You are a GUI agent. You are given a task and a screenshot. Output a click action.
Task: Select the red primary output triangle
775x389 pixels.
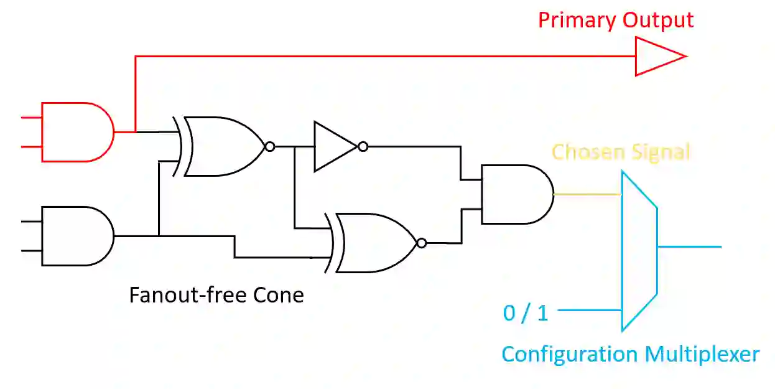click(x=656, y=57)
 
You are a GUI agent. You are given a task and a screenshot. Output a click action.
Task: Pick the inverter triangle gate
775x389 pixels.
click(x=333, y=147)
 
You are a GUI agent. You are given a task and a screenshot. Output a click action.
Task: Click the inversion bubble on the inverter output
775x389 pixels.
click(x=363, y=147)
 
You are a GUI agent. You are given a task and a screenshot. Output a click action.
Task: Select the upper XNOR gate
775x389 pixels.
click(x=224, y=147)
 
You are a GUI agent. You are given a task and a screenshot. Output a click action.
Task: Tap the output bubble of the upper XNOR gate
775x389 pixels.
click(x=269, y=147)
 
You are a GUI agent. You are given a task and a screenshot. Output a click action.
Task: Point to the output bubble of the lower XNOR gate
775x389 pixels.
click(x=422, y=243)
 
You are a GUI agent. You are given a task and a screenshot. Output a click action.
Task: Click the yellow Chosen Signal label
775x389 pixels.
click(x=621, y=152)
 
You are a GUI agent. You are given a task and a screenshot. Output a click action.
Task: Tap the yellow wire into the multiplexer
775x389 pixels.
click(x=588, y=194)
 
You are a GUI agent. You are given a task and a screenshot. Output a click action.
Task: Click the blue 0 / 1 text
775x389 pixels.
click(x=526, y=312)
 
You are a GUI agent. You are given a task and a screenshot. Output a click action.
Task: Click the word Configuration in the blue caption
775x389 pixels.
click(x=570, y=354)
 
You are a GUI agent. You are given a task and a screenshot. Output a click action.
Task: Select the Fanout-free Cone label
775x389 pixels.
click(x=216, y=294)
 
